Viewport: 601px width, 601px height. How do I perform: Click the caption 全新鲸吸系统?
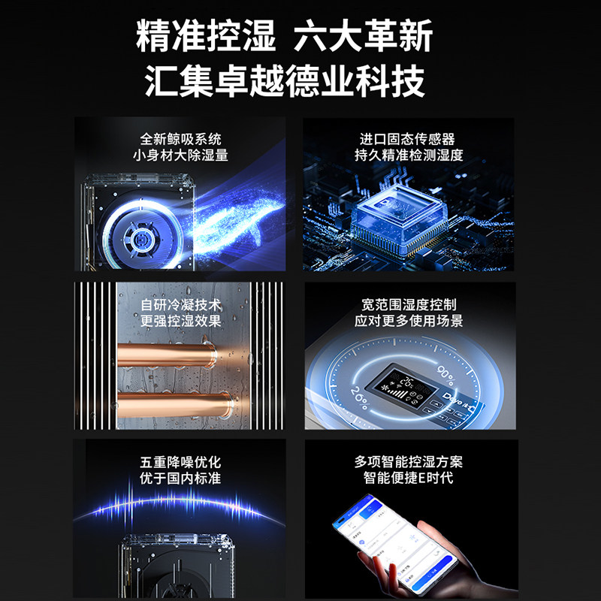click(x=181, y=140)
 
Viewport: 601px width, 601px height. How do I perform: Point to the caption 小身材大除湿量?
click(x=181, y=156)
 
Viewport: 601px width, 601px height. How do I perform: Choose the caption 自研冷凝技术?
click(x=181, y=306)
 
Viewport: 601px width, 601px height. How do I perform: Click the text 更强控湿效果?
click(x=181, y=322)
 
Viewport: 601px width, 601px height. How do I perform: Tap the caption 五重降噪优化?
click(x=181, y=463)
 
